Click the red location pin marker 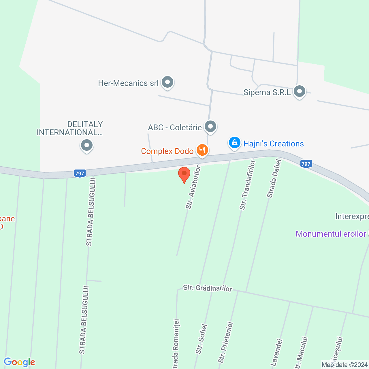184,174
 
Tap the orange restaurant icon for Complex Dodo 202,150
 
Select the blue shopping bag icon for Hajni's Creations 235,143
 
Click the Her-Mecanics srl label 128,83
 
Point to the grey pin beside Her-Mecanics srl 167,82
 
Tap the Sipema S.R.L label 267,93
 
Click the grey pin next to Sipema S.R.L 300,92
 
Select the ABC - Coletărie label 175,127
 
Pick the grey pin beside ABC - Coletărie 210,126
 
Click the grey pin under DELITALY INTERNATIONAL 86,145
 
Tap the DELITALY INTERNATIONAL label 70,128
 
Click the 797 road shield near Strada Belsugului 80,174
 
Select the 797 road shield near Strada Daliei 306,164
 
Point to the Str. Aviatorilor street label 193,187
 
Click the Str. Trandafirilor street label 247,185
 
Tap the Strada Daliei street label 274,179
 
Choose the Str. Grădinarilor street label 208,288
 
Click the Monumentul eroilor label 331,234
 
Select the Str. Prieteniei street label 225,342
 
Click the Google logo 19,362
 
